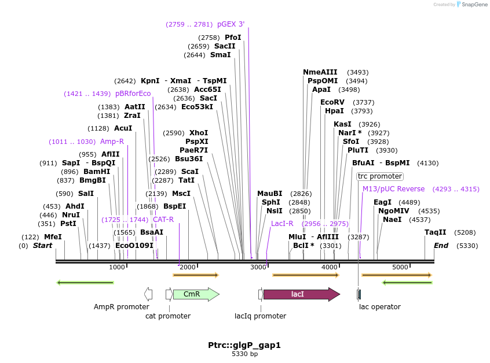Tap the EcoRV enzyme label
[x=332, y=102]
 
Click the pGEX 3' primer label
[x=231, y=24]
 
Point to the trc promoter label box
[x=379, y=176]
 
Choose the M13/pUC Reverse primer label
[x=393, y=189]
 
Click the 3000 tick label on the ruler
[x=258, y=267]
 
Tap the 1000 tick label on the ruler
[x=117, y=267]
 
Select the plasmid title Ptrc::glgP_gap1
[x=244, y=345]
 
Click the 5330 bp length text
[x=244, y=354]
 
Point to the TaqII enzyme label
[x=436, y=232]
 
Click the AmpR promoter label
[x=122, y=307]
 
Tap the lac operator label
[x=380, y=307]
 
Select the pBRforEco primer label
[x=133, y=94]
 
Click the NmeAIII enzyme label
[x=320, y=72]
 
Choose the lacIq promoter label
[x=260, y=316]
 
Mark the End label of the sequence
[x=441, y=246]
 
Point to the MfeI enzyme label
[x=53, y=237]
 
